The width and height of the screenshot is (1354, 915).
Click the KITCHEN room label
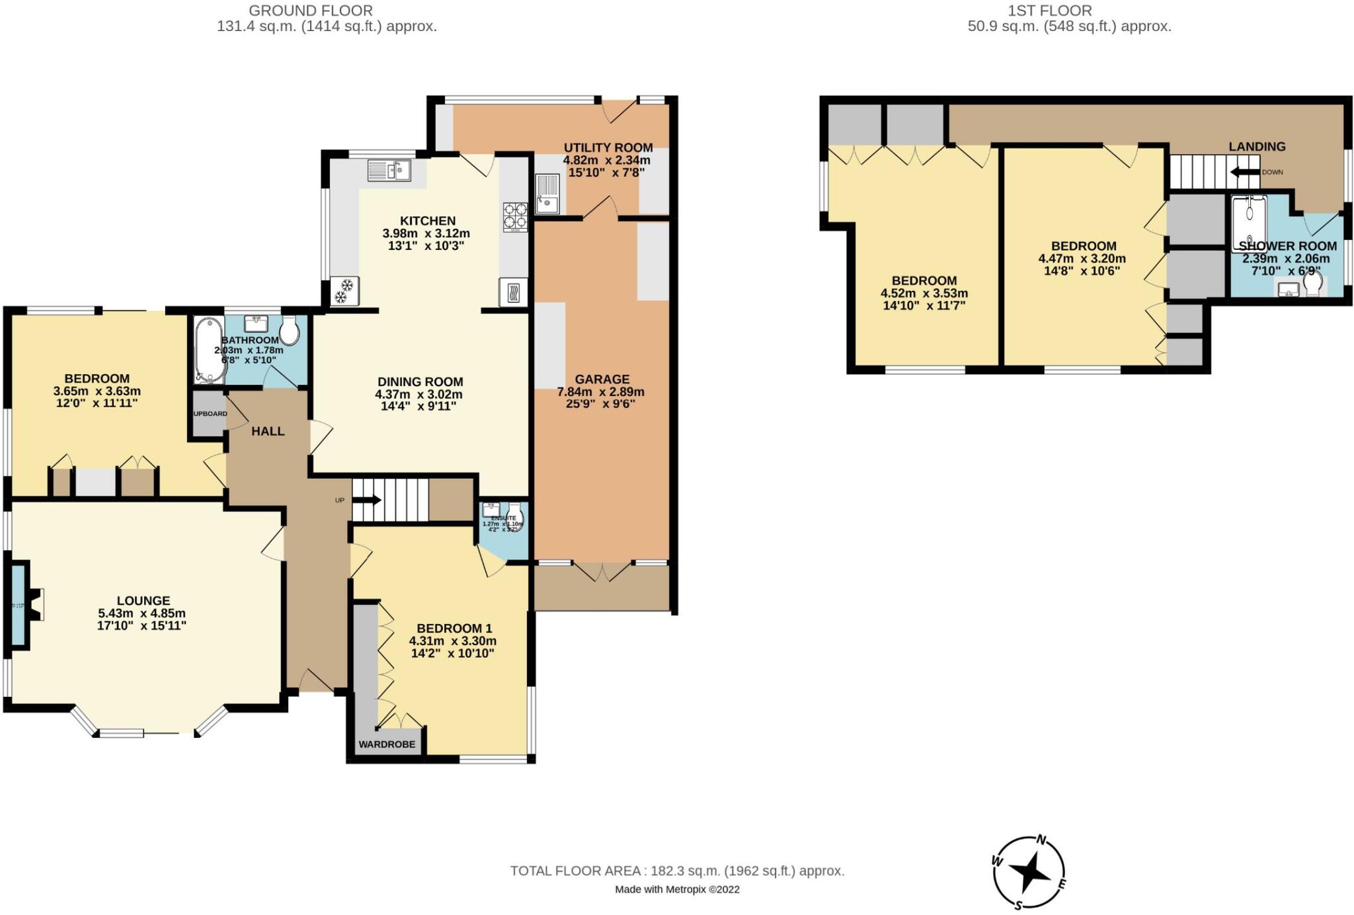(x=427, y=221)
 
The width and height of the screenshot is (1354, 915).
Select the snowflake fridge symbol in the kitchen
(x=344, y=291)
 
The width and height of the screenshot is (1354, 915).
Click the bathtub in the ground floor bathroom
(x=210, y=350)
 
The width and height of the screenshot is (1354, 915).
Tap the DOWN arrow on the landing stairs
(x=1245, y=172)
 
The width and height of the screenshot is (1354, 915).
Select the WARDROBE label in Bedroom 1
(x=387, y=744)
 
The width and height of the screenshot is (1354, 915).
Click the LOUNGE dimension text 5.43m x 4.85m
(x=141, y=613)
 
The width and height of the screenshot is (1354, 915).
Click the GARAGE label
(x=602, y=379)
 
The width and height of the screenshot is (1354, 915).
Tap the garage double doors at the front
(x=602, y=572)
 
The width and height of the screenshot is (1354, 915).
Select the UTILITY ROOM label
(x=608, y=147)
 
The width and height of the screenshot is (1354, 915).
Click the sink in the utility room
(x=547, y=194)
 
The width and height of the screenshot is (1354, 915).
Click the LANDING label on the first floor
(x=1257, y=147)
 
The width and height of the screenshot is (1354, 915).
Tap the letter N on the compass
(x=1041, y=840)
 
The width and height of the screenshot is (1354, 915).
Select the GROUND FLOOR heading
(x=310, y=11)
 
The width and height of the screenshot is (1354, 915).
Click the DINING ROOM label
(x=420, y=381)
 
